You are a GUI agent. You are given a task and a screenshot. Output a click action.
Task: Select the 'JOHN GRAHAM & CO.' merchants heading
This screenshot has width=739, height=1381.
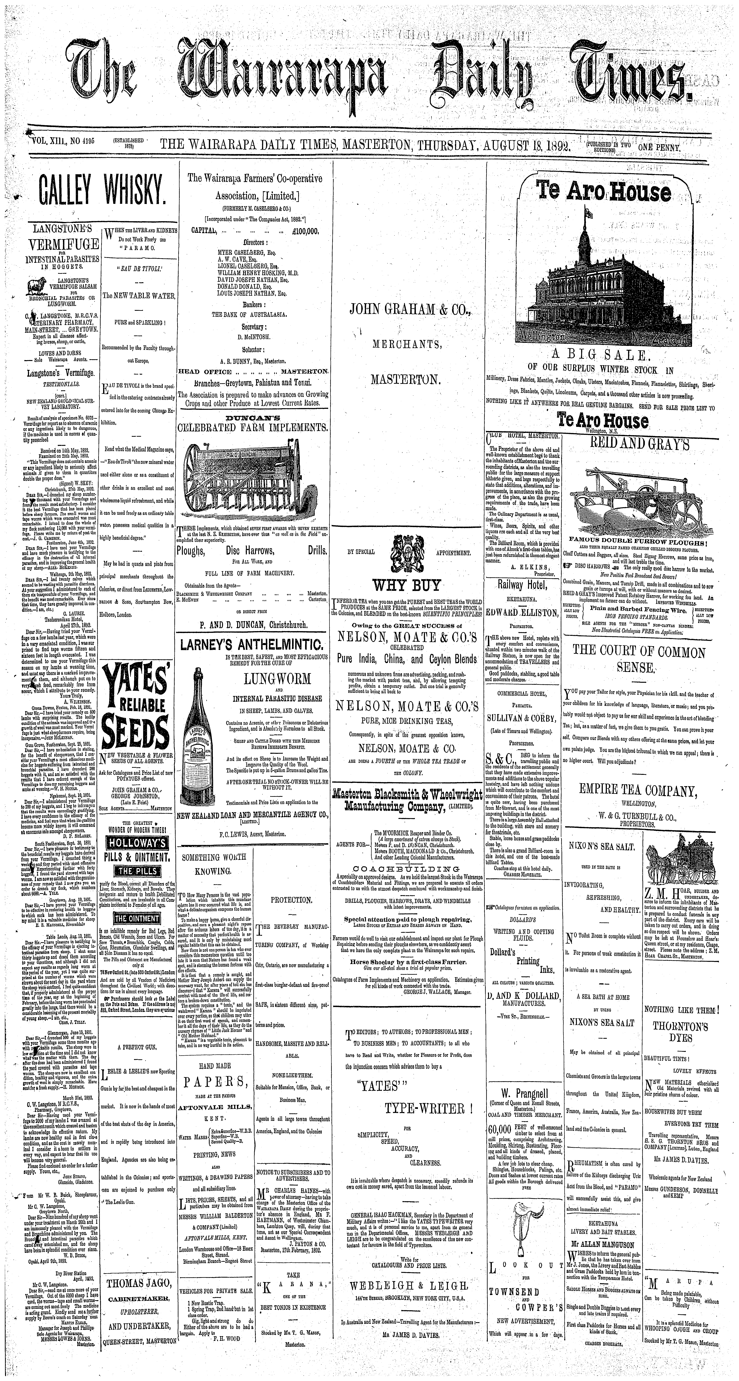click(410, 309)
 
